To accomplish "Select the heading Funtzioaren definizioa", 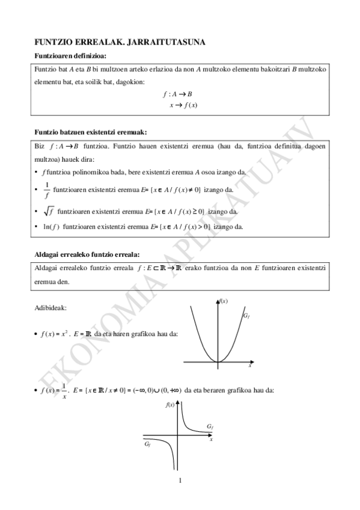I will [70, 56].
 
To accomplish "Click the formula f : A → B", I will [177, 94].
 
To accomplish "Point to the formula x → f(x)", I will [183, 105].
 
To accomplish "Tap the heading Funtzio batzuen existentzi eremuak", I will [91, 131].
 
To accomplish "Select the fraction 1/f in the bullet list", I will [47, 189].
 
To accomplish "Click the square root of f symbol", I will [48, 211].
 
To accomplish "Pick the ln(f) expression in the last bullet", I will [50, 227].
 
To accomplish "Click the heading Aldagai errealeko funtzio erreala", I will [87, 254].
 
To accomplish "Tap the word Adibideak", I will [51, 308].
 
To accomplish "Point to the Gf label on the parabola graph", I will [246, 316].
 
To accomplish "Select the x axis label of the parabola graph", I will [250, 365].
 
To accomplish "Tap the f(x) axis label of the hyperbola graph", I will [170, 405].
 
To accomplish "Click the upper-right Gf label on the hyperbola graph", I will [209, 426].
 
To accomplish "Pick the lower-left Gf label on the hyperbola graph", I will [147, 444].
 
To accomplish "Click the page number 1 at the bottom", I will [180, 480].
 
